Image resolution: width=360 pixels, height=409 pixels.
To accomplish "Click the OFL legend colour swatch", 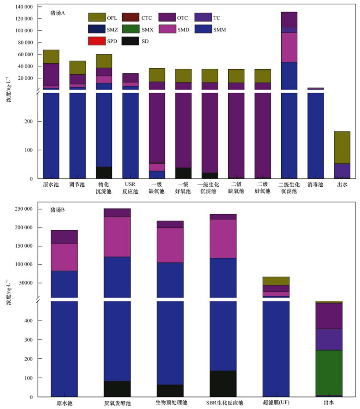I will coord(97,18).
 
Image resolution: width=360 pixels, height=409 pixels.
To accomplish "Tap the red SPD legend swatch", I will coord(97,41).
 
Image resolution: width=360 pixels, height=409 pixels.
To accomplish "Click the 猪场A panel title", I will coord(58,12).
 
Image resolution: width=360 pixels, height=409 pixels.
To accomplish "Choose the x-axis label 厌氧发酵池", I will coord(117,403).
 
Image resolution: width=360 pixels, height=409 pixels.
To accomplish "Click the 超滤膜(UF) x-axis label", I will coord(276,403).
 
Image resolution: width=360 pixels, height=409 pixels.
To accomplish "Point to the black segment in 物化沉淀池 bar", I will coord(104,172).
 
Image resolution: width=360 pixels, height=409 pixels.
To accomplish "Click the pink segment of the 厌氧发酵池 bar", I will coord(117,237).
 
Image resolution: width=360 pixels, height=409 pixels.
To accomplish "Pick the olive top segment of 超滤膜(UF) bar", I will coord(276,281).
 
